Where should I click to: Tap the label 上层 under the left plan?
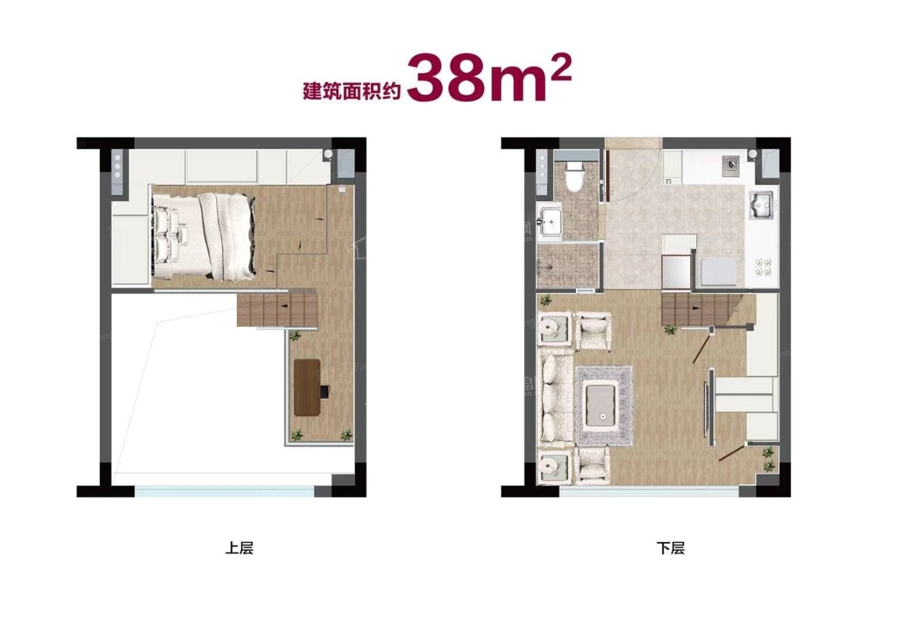point(239,548)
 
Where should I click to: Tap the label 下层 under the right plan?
point(670,548)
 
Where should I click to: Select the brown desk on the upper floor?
point(307,387)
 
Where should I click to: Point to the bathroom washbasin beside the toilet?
point(551,222)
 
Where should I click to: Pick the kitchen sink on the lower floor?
point(761,206)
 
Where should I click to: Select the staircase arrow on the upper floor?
point(284,306)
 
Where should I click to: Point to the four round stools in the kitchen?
point(762,267)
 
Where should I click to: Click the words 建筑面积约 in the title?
point(352,92)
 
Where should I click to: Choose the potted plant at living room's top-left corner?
point(545,299)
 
